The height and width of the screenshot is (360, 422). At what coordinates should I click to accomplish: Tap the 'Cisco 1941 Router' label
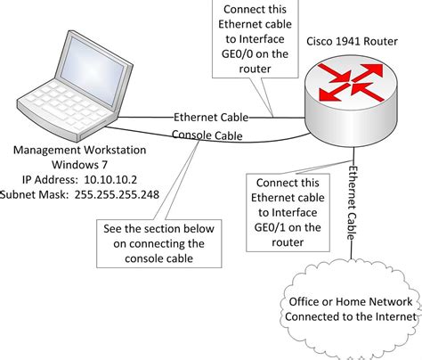pos(351,43)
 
